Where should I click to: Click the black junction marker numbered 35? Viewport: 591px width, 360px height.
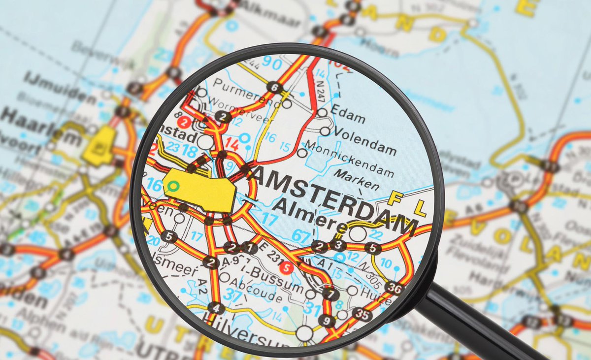[x=362, y=314]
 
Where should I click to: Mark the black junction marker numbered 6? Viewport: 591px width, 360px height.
[x=274, y=88]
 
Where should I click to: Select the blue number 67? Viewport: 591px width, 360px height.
[x=301, y=235]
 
